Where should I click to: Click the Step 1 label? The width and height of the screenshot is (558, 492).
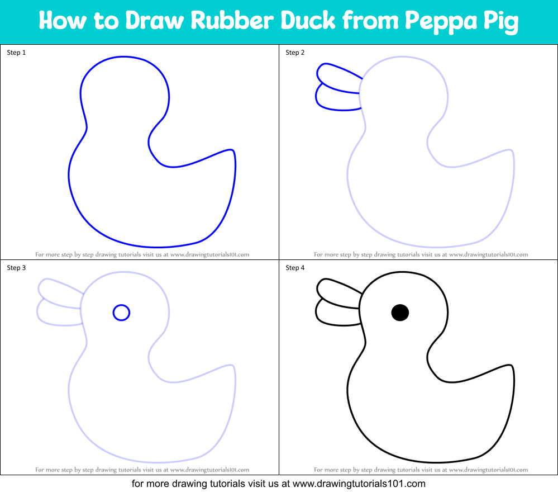[x=16, y=53]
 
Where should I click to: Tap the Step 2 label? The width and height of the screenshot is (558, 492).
[x=295, y=53]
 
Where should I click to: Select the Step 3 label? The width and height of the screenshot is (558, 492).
[x=16, y=268]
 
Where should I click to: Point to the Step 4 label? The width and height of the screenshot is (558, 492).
[x=295, y=268]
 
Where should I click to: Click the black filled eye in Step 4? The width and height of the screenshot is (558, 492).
[x=400, y=313]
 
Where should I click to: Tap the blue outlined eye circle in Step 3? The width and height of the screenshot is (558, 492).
[x=121, y=313]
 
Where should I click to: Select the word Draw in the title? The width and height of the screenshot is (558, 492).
[x=155, y=21]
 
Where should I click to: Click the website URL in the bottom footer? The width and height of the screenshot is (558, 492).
[x=359, y=484]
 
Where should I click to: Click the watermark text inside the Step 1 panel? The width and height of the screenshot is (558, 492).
[x=142, y=254]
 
